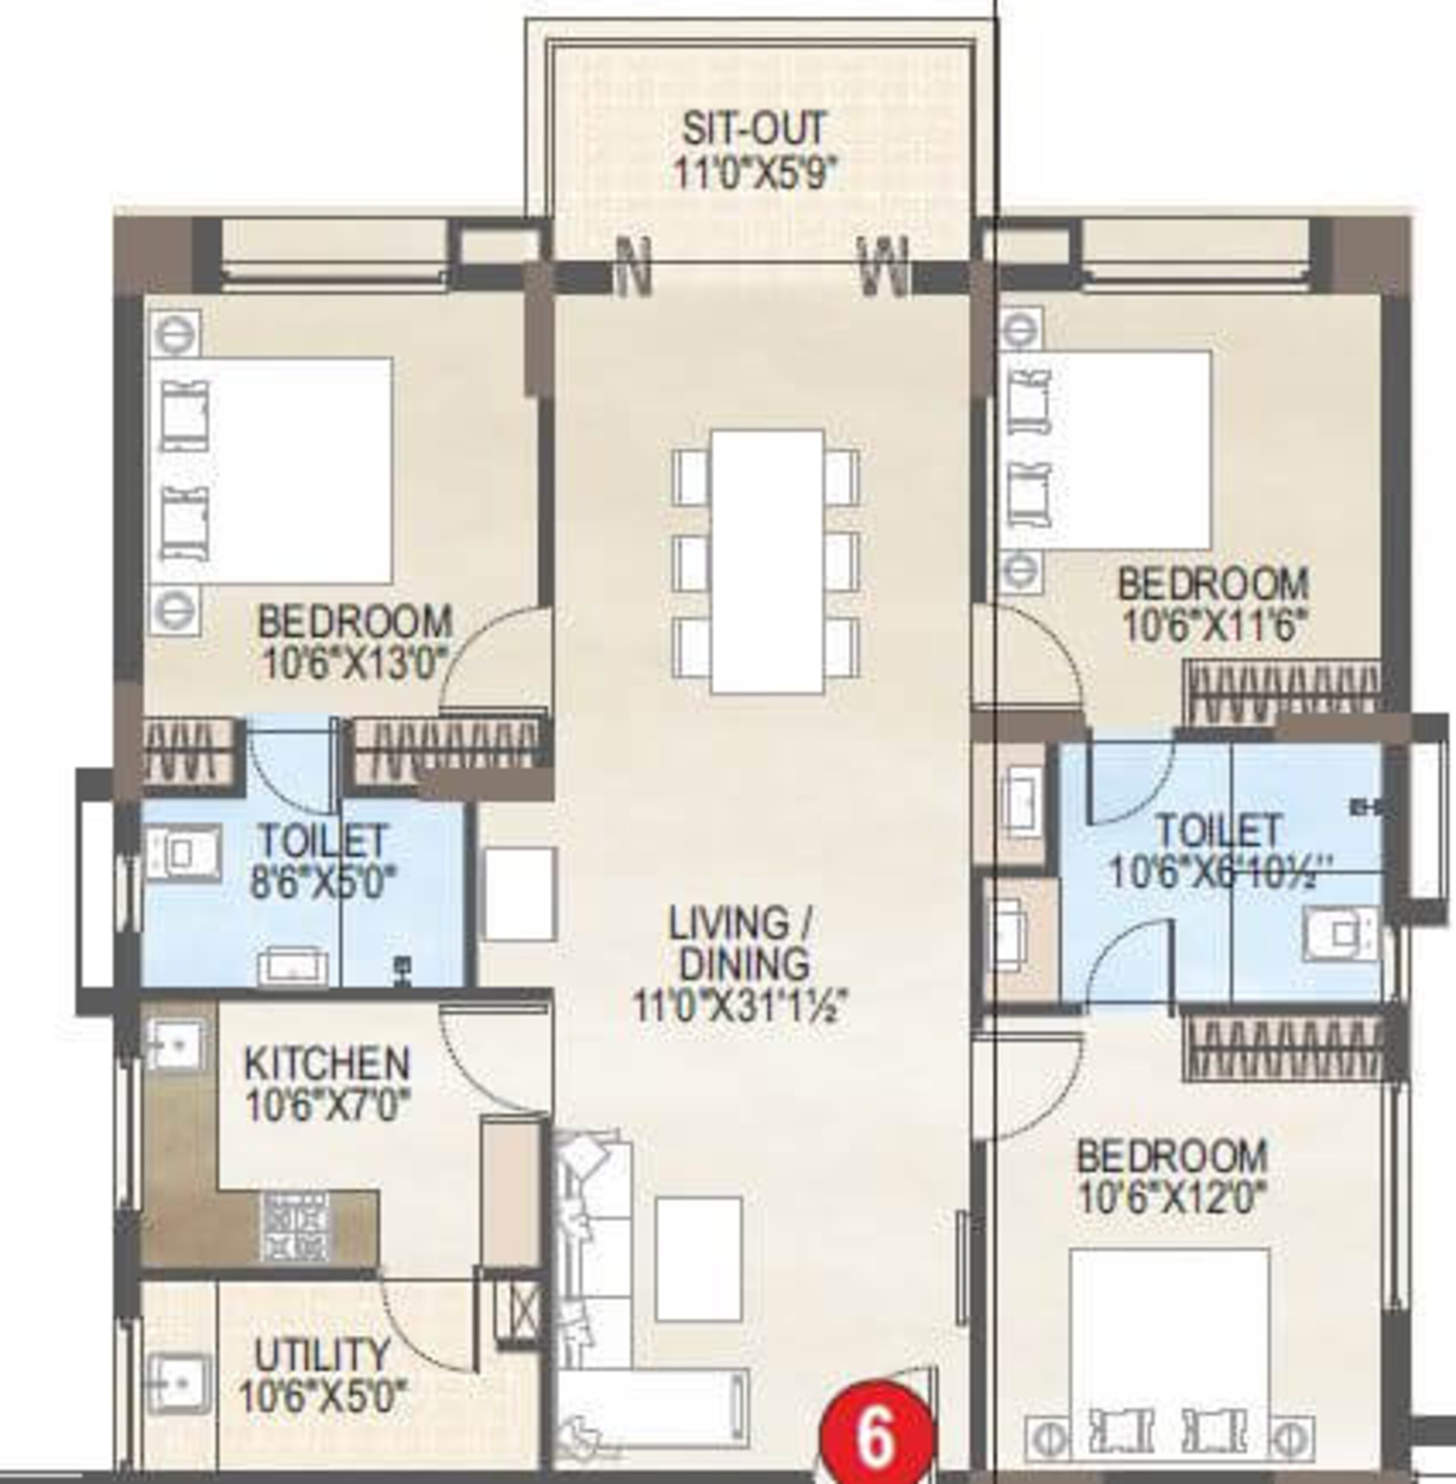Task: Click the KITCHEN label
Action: pos(326,1064)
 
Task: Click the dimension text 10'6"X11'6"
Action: pos(1213,625)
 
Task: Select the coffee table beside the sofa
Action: pos(698,1259)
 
